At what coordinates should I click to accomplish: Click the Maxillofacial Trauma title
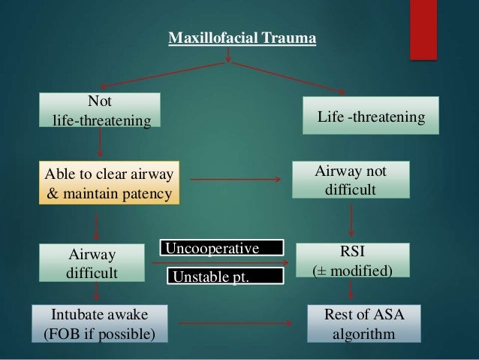click(241, 38)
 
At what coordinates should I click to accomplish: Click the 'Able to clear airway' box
click(110, 183)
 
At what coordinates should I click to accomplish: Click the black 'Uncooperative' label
click(223, 247)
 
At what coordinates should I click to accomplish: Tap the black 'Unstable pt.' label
click(225, 277)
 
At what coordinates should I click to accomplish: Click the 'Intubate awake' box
click(99, 322)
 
